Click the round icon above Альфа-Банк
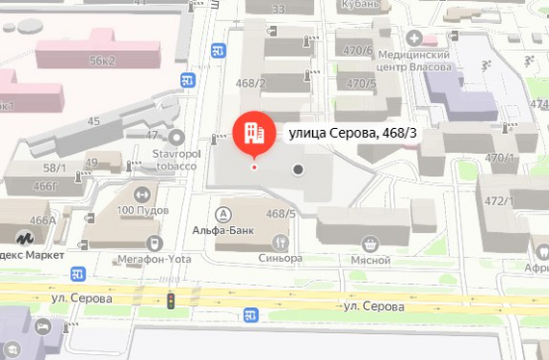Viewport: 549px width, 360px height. (x=224, y=214)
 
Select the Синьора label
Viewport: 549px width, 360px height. (x=280, y=258)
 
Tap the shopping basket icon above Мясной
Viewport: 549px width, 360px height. (x=369, y=244)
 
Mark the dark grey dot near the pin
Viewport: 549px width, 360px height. (x=299, y=169)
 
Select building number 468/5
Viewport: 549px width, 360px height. (x=280, y=214)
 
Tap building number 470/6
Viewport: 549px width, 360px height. (x=357, y=51)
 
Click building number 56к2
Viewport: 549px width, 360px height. (x=103, y=60)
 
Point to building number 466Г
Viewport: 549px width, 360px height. (x=44, y=184)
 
